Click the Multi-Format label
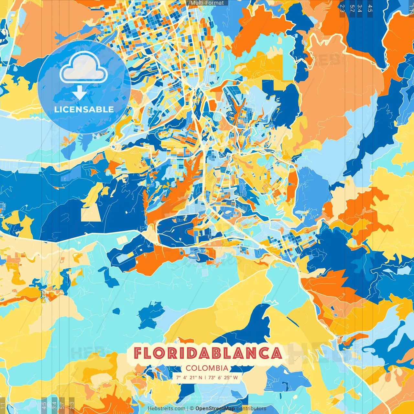[x=207, y=3]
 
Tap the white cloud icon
[x=83, y=67]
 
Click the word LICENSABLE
[x=84, y=109]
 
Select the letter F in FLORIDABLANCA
[x=138, y=353]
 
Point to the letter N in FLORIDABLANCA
[x=251, y=353]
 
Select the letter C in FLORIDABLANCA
[x=264, y=353]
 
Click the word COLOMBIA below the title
[x=207, y=368]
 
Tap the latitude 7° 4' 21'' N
[x=189, y=377]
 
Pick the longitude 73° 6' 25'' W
[x=223, y=377]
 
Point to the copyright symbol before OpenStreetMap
[x=192, y=409]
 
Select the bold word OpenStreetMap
[x=215, y=409]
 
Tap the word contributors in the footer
[x=251, y=409]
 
